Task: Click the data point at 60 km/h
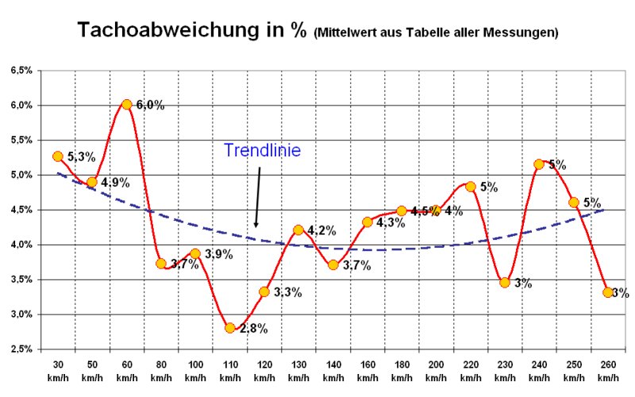(126, 104)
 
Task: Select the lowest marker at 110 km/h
(230, 328)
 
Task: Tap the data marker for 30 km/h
(57, 156)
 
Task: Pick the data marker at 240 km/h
(539, 164)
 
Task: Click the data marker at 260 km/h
(608, 292)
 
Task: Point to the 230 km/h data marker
(505, 282)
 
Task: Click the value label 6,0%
(150, 105)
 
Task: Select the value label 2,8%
(254, 328)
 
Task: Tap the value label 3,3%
(287, 292)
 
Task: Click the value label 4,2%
(321, 231)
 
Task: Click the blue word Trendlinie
(262, 150)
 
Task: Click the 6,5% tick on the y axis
(21, 71)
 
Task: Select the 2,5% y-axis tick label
(21, 349)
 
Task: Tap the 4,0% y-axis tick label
(21, 245)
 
